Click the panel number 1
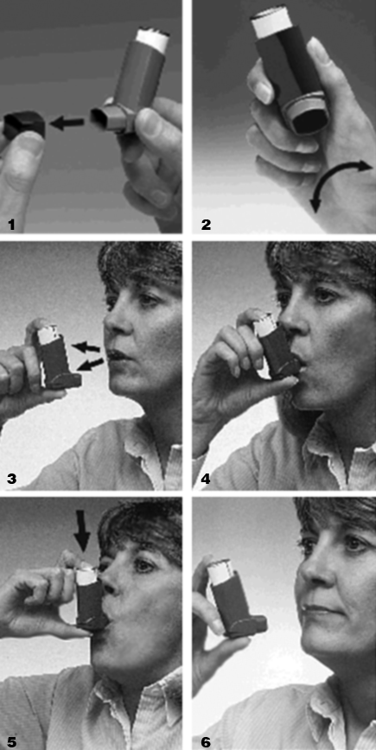pos(12,225)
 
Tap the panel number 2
pos(207,225)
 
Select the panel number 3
pos(12,479)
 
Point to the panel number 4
pos(207,479)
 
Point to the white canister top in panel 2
pos(270,22)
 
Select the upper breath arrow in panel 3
pos(86,346)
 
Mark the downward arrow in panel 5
pos(83,530)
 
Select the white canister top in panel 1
pos(152,39)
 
